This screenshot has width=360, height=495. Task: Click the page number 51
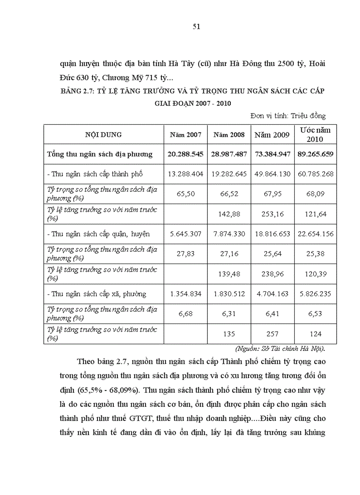(197, 26)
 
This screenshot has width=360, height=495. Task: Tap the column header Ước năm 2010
(315, 134)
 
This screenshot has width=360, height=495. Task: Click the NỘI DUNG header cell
(104, 135)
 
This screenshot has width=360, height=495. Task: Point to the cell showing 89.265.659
(315, 154)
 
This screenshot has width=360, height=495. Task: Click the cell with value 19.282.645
(229, 174)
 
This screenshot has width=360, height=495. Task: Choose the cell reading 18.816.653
(272, 234)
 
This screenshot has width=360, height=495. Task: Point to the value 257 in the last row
(272, 334)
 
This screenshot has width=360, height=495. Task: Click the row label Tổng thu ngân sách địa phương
(100, 154)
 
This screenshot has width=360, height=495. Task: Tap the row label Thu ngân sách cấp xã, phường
(96, 294)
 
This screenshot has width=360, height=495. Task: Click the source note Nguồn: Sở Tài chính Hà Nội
(287, 349)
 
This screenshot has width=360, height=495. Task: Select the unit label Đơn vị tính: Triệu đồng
(288, 116)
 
